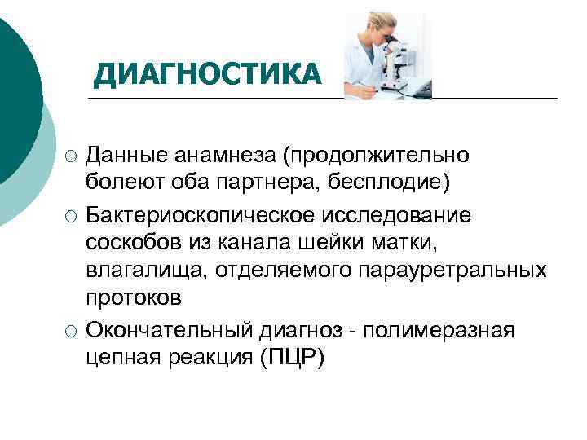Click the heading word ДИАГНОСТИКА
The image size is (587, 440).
point(208,75)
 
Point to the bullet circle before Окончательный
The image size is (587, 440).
point(73,331)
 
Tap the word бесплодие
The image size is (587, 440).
point(387,178)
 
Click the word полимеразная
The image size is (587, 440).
point(439,330)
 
